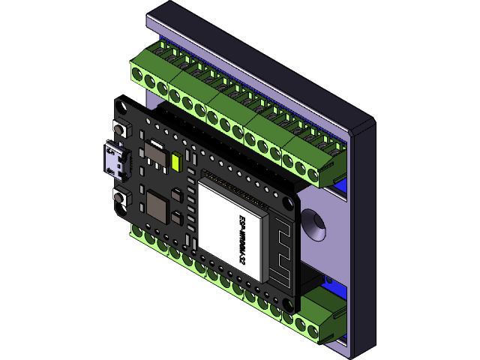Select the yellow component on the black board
[177, 163]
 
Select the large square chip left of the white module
[158, 205]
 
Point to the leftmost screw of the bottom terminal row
[138, 234]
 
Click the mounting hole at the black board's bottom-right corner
[286, 304]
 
